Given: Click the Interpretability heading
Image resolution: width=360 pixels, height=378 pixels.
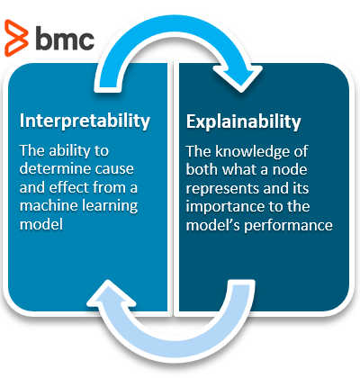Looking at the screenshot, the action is click(85, 121).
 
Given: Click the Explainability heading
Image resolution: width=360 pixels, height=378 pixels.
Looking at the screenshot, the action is click(243, 121).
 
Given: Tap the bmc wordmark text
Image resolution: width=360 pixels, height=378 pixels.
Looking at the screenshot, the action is click(65, 38).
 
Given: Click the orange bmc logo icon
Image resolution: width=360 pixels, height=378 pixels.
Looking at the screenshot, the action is click(16, 38).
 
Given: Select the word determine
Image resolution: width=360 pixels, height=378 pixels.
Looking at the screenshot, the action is click(53, 168).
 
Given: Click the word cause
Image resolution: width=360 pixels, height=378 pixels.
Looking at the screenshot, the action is click(113, 169).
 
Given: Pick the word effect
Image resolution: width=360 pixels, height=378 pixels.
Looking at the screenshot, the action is click(68, 187).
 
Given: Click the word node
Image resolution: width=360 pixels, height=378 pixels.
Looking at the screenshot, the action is click(290, 170).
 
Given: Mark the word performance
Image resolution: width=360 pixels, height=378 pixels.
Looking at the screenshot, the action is click(288, 226).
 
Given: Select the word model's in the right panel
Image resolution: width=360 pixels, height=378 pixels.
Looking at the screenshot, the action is click(212, 225).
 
